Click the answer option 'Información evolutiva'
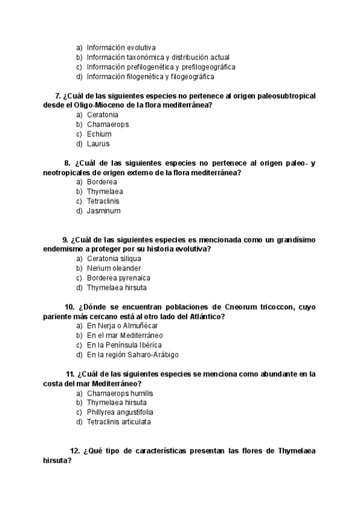[x=121, y=47]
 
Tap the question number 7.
[x=57, y=95]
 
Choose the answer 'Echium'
[x=99, y=134]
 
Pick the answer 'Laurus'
[x=98, y=143]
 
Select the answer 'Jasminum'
[x=103, y=211]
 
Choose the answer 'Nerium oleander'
[x=114, y=268]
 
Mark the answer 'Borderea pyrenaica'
[x=118, y=278]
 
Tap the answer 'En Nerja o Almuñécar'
[x=122, y=325]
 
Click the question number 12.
[x=75, y=451]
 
